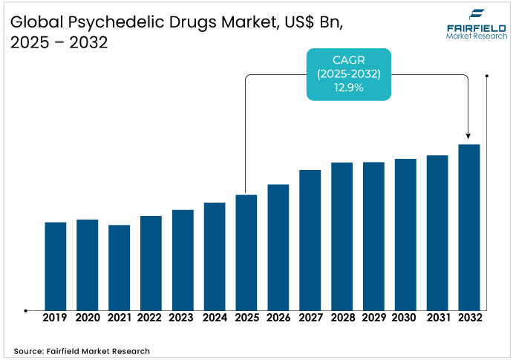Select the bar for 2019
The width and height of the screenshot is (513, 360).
tap(56, 266)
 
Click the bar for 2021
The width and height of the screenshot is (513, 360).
tap(120, 267)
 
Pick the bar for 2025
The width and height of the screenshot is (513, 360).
tap(246, 252)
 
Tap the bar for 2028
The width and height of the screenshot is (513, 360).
tap(342, 236)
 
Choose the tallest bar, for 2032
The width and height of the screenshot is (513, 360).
tap(469, 227)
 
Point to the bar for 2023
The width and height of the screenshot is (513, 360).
tap(183, 260)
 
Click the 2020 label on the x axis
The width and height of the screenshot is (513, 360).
tap(88, 318)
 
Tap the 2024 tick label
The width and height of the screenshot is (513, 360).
tap(215, 318)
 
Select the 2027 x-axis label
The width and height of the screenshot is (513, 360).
tap(310, 318)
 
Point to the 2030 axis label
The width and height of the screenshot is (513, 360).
tap(405, 318)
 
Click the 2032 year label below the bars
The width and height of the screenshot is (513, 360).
tap(469, 318)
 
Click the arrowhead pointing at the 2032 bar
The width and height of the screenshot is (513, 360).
tap(468, 136)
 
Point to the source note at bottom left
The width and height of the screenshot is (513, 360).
tap(82, 350)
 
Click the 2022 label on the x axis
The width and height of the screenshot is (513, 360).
tap(151, 318)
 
